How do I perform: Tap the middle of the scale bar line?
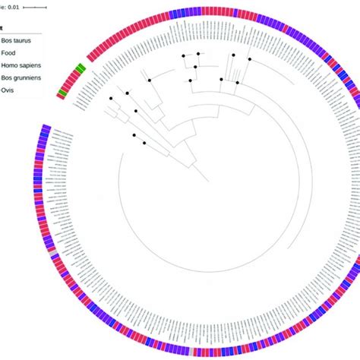tap(33, 6)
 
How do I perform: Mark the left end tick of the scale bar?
tap(23, 6)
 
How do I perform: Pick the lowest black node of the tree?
tap(144, 141)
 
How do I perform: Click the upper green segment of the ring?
tap(81, 71)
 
